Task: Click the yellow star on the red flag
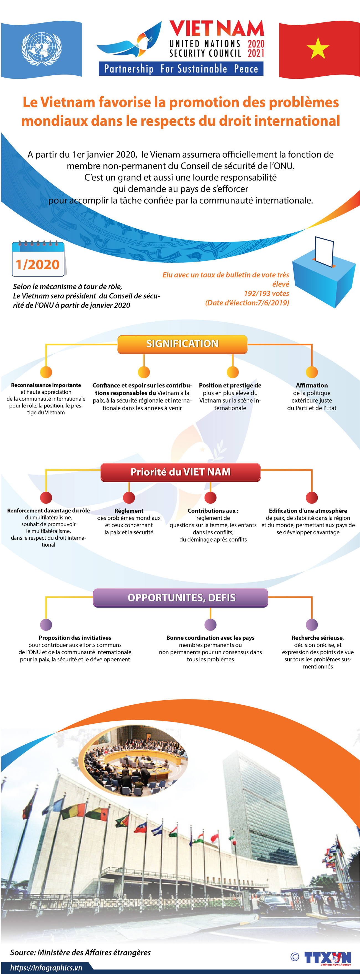pos(318,48)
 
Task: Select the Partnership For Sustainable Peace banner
pos(181,69)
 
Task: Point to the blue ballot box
pos(323,274)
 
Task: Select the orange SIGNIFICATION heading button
pos(182,344)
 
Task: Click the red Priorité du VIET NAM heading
pos(180,472)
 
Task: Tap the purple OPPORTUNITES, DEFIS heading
pos(180,598)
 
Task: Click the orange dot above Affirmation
pos(312,372)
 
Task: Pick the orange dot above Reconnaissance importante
pos(46,372)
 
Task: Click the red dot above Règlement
pos(129,498)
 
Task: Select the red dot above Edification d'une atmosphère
pos(312,498)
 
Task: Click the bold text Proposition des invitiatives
pos(75,637)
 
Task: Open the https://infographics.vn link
pos(46,968)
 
